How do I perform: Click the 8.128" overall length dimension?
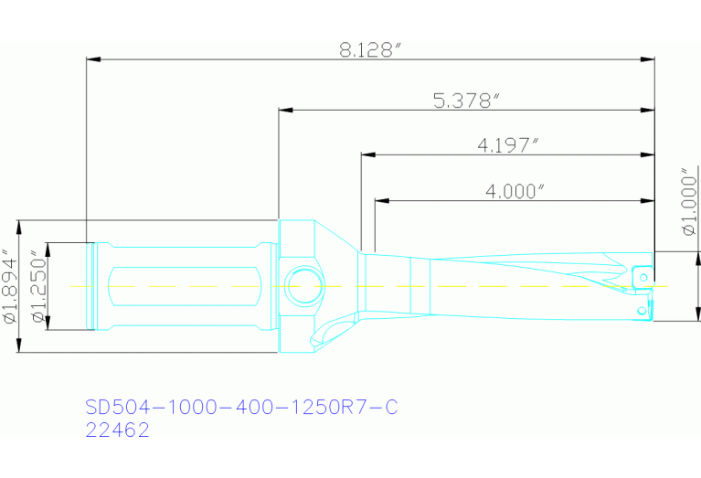click(x=370, y=50)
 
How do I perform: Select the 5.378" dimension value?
click(x=466, y=100)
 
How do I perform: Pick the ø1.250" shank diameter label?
click(x=37, y=285)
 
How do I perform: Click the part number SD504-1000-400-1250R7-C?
click(x=241, y=407)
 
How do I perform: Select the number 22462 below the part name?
click(x=116, y=430)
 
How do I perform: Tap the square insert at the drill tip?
click(x=643, y=273)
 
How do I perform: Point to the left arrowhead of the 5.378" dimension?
click(x=285, y=111)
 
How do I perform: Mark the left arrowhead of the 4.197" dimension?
click(x=367, y=155)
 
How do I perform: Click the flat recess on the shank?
click(x=183, y=286)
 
